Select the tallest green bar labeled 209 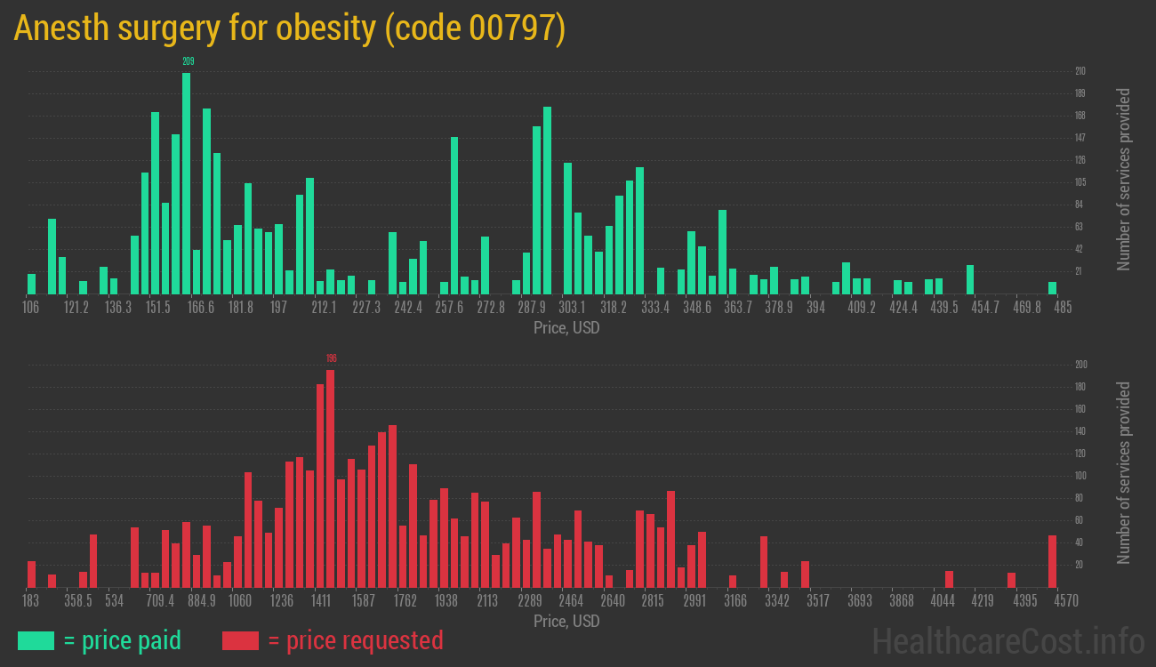(x=186, y=182)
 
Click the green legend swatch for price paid (x=36, y=640)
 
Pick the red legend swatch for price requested (x=240, y=640)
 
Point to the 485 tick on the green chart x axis (x=1062, y=307)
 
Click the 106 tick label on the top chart (x=30, y=307)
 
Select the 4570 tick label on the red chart (x=1065, y=600)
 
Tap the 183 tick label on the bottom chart (x=30, y=600)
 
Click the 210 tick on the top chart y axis (x=1080, y=71)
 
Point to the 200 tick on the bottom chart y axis (x=1080, y=365)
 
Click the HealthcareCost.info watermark (x=1007, y=640)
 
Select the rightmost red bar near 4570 (x=1052, y=561)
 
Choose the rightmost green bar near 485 (x=1052, y=288)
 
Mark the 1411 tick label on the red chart (x=321, y=600)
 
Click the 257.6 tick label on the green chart (x=449, y=307)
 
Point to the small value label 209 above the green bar (x=188, y=61)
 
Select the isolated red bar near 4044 (x=949, y=579)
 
